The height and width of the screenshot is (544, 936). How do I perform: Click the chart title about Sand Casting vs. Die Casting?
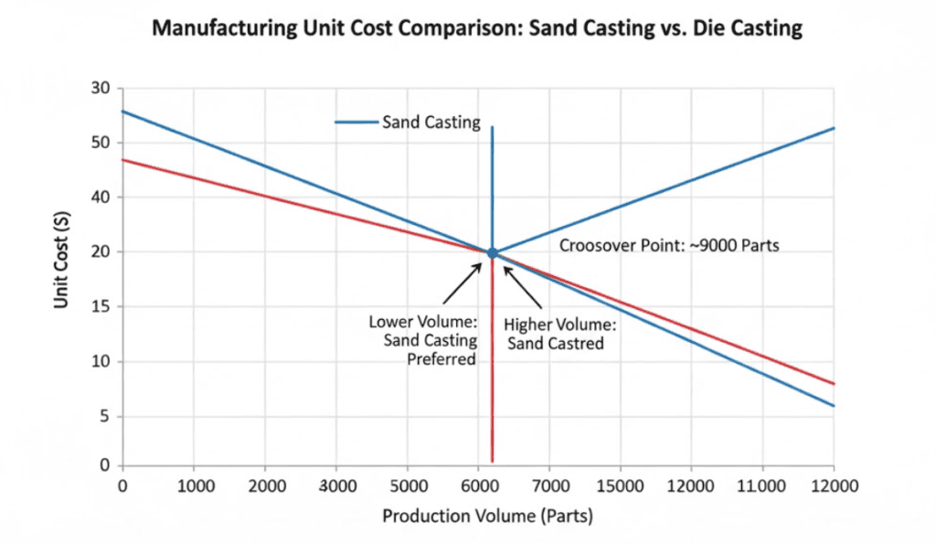pos(476,28)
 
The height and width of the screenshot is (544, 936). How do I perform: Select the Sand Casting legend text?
pos(431,123)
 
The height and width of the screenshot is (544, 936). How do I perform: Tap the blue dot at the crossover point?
pos(492,252)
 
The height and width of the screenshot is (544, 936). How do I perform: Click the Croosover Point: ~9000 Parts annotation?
pos(669,246)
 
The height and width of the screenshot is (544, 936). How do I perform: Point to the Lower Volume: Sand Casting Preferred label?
pos(423,340)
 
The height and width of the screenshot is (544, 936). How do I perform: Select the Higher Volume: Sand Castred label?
pos(560,335)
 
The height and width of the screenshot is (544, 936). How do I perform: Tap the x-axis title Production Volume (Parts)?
pos(487,517)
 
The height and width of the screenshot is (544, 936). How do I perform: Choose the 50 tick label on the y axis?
pos(101,144)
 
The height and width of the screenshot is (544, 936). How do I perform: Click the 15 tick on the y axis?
pos(101,307)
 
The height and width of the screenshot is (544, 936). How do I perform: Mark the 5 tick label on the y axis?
pos(105,417)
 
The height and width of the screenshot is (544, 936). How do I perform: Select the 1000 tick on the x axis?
pos(193,486)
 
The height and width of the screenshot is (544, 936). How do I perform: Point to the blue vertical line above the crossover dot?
pos(492,183)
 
